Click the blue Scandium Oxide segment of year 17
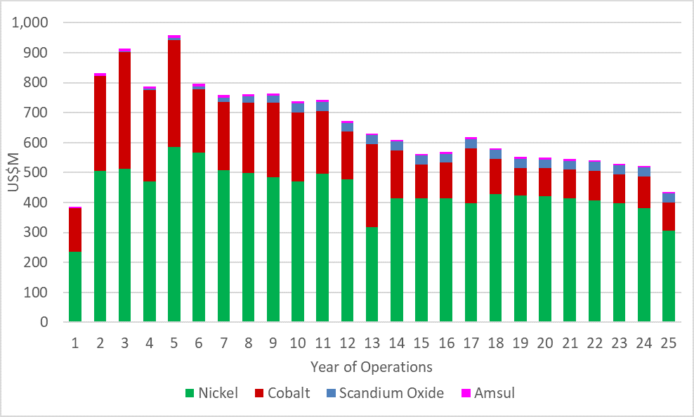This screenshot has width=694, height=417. [x=471, y=143]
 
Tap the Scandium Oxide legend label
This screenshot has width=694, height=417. [x=391, y=393]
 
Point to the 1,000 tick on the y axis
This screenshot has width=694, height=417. [x=30, y=23]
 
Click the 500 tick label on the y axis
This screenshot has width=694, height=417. [x=37, y=173]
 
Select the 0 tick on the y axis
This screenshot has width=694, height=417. [x=44, y=323]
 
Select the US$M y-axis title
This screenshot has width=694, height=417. [x=13, y=173]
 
